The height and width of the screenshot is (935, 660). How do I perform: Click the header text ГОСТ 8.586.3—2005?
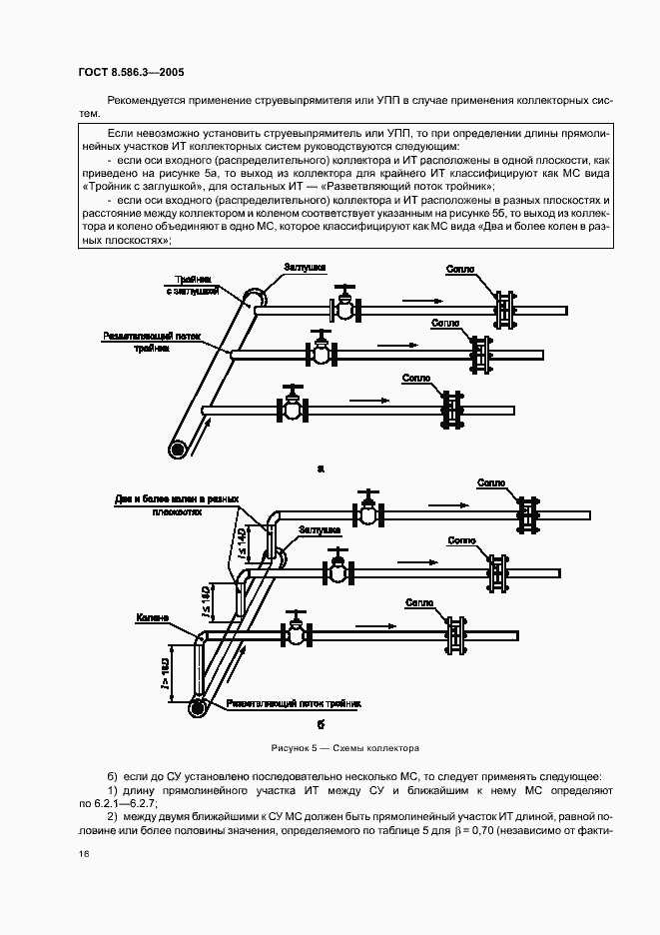tap(130, 72)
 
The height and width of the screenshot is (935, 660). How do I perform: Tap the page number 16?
tap(84, 854)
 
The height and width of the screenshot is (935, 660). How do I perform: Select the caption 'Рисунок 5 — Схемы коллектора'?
tap(344, 747)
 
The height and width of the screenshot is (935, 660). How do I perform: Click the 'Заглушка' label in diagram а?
tap(303, 267)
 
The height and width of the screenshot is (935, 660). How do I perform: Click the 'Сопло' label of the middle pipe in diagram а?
tap(445, 324)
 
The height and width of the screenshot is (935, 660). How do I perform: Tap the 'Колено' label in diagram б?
tap(154, 618)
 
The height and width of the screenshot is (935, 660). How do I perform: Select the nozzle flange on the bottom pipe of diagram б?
tap(457, 634)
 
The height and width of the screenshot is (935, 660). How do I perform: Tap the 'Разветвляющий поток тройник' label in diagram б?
tap(294, 703)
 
